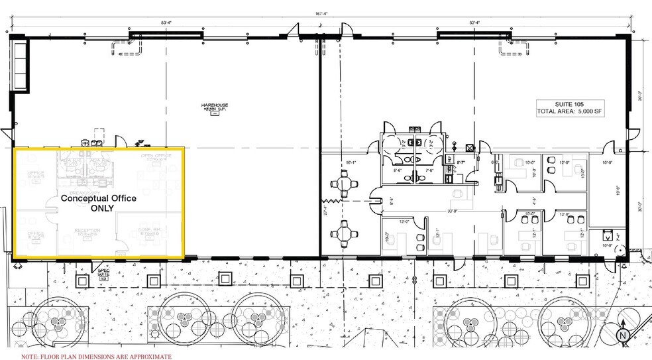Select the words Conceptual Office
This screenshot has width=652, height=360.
click(x=99, y=198)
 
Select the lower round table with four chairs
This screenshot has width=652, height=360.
click(x=343, y=233)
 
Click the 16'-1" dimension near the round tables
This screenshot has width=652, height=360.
click(x=351, y=162)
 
